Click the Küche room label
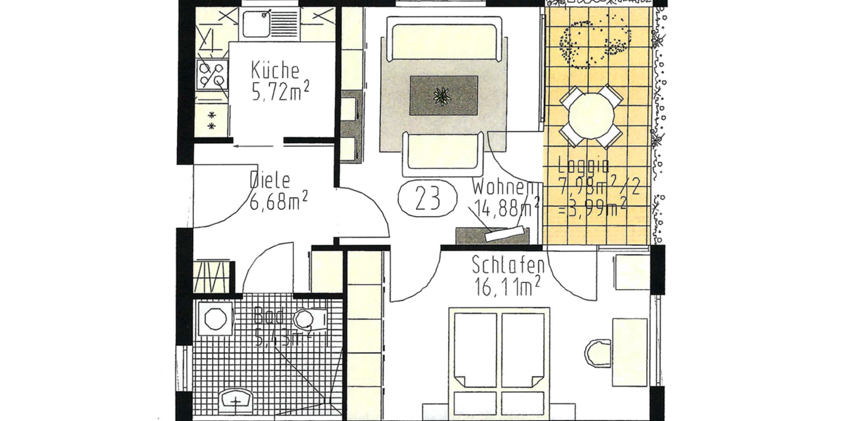tap(275, 71)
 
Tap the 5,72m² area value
tap(281, 91)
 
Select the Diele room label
tap(270, 181)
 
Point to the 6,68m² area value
tap(280, 202)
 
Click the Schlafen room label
tap(509, 266)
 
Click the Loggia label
tap(583, 167)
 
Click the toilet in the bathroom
tap(309, 321)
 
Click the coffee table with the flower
tap(443, 94)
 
